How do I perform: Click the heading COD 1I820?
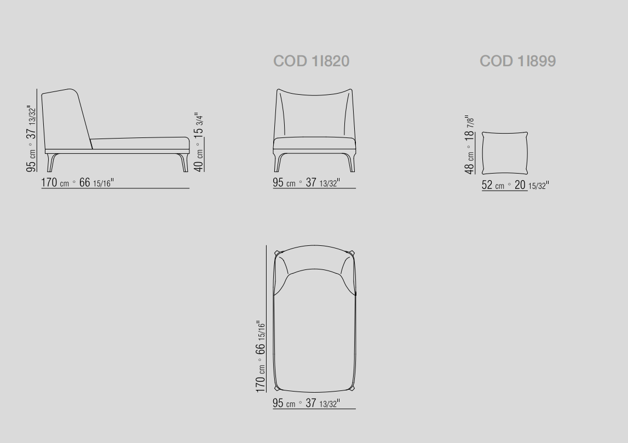coord(311,61)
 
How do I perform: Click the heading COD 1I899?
coord(517,61)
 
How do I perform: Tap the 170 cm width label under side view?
coord(77,183)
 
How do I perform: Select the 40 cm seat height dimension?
coord(199,142)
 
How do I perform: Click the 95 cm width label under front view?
coord(307,183)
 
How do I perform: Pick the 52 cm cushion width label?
coord(515,185)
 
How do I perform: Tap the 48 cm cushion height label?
coord(470,145)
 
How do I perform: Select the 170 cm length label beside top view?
coord(261,356)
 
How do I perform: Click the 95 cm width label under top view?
coord(307,403)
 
